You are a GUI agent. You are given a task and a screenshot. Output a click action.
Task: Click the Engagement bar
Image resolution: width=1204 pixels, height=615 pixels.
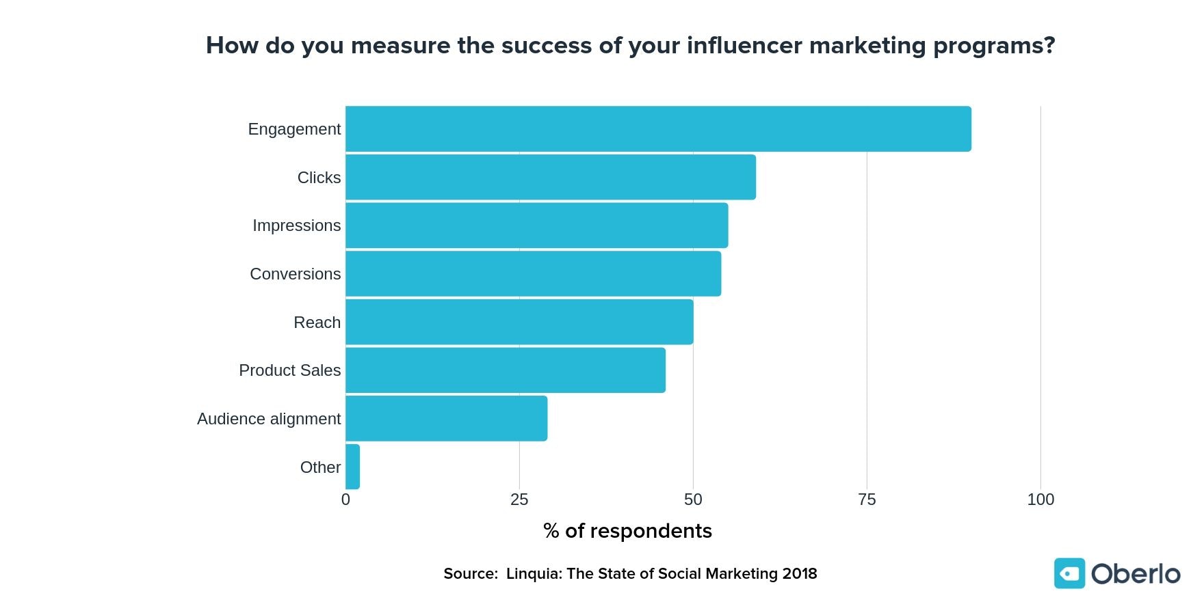pyautogui.click(x=658, y=128)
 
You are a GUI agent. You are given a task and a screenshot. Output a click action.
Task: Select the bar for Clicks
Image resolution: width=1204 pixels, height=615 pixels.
pyautogui.click(x=551, y=177)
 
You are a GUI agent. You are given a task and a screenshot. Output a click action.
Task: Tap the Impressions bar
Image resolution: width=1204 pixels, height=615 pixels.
pyautogui.click(x=537, y=225)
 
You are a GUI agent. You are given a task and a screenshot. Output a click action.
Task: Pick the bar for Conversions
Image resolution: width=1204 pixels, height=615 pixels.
pyautogui.click(x=534, y=273)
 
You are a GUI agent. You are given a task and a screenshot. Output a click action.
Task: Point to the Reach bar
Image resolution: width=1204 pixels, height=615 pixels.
pyautogui.click(x=519, y=322)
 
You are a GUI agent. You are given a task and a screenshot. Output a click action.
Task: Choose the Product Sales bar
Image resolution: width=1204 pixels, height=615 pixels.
pyautogui.click(x=506, y=370)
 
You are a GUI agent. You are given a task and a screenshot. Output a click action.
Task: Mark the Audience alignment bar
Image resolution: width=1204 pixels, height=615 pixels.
pyautogui.click(x=447, y=418)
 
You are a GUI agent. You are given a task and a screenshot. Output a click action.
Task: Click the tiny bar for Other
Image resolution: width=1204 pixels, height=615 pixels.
pyautogui.click(x=352, y=467)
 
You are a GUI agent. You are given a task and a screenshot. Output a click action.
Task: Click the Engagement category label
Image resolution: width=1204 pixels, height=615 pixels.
pyautogui.click(x=294, y=129)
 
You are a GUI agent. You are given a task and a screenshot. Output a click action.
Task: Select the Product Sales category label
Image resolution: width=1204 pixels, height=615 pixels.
pyautogui.click(x=289, y=370)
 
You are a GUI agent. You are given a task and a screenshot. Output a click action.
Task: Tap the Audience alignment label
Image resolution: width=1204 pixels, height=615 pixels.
pyautogui.click(x=269, y=419)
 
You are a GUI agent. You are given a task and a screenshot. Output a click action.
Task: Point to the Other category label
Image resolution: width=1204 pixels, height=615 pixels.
pyautogui.click(x=320, y=467)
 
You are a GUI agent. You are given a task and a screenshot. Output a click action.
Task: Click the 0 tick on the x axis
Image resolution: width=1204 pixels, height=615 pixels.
pyautogui.click(x=345, y=500)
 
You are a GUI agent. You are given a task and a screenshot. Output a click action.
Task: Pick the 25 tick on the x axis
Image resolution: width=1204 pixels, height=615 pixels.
pyautogui.click(x=519, y=500)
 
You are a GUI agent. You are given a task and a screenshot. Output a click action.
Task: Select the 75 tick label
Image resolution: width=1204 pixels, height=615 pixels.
pyautogui.click(x=867, y=500)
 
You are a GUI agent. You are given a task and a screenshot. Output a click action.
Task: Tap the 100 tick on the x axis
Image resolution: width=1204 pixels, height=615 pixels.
pyautogui.click(x=1041, y=500)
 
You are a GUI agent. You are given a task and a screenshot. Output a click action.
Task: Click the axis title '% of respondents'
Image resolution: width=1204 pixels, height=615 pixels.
pyautogui.click(x=627, y=531)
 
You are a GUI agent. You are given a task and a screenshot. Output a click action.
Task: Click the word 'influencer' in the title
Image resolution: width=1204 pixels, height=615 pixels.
pyautogui.click(x=744, y=45)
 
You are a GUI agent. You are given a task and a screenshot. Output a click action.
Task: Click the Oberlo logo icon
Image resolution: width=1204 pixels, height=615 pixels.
pyautogui.click(x=1069, y=573)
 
